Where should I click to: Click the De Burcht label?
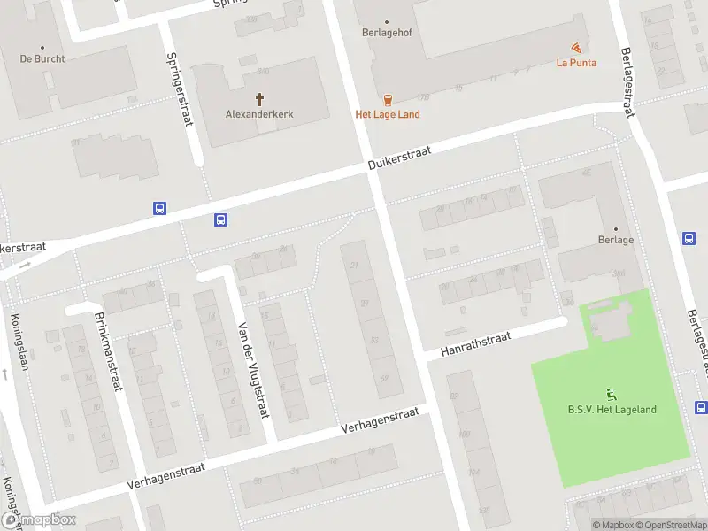point(42,59)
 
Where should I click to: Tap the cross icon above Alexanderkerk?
point(260,99)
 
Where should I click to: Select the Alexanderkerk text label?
point(260,114)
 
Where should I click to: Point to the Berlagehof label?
point(387,34)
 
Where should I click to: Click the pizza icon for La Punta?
point(577,48)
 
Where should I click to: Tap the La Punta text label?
point(576,63)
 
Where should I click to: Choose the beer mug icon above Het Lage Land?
point(388,99)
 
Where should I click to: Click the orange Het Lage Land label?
point(388,114)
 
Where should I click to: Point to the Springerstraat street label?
point(181,88)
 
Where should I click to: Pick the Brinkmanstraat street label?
point(110,351)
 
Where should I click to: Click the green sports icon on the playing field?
point(611,394)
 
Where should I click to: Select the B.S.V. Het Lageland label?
point(612,409)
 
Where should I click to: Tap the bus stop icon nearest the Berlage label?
point(689,238)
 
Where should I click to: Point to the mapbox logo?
point(38,520)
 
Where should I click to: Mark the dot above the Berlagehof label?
point(387,21)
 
